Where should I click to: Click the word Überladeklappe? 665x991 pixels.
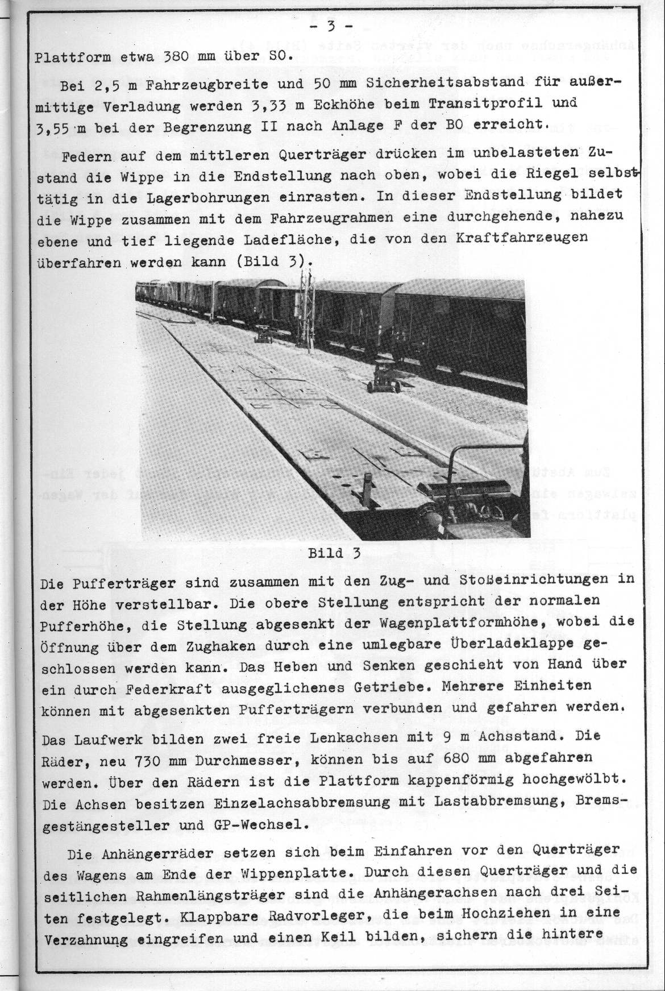(510, 646)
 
